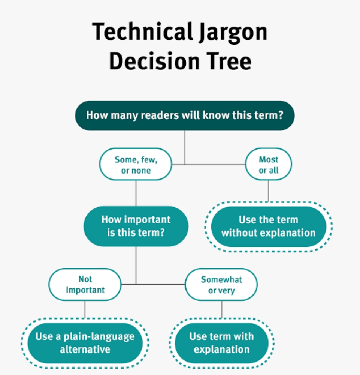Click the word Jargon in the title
233,32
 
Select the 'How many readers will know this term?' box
185,115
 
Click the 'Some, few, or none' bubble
136,164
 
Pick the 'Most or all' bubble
269,164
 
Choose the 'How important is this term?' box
136,226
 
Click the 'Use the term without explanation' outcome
269,226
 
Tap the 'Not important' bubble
85,284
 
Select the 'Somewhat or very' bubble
221,284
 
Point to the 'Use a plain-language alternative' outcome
85,343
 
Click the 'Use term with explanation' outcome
221,343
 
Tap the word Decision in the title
154,61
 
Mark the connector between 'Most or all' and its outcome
269,191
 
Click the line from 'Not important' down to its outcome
85,309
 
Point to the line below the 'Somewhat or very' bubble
221,309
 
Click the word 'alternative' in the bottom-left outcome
85,349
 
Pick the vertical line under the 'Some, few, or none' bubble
136,193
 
